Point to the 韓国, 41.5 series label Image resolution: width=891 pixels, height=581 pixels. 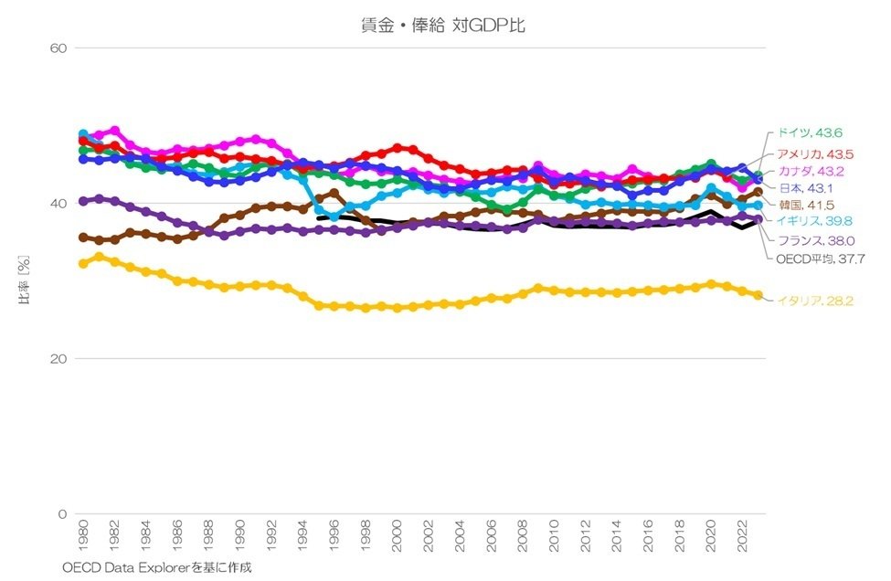coord(801,205)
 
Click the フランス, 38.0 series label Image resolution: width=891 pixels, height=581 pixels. coord(811,241)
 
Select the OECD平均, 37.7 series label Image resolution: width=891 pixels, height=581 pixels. coord(816,259)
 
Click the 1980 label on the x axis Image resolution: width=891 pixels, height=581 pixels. coord(84,539)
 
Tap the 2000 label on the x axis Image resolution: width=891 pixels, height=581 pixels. coord(397,539)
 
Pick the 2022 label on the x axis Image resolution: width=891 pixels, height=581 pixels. coord(742,539)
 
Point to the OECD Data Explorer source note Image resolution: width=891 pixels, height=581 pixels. coord(156,567)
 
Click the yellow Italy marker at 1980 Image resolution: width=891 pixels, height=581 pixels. coord(84,263)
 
